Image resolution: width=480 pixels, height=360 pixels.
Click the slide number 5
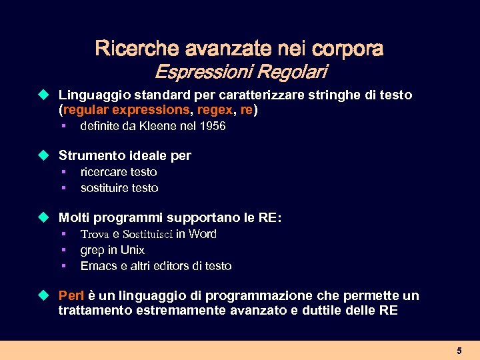click(459, 351)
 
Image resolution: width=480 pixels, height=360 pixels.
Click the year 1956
click(211, 126)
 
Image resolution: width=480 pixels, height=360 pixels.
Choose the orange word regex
click(214, 109)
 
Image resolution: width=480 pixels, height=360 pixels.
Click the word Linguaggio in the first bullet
click(90, 95)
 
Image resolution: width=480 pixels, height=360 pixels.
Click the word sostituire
click(104, 188)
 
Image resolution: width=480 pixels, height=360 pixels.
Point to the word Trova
click(93, 234)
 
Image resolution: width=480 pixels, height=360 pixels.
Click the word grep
click(92, 250)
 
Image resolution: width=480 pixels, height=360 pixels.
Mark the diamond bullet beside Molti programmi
click(44, 217)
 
